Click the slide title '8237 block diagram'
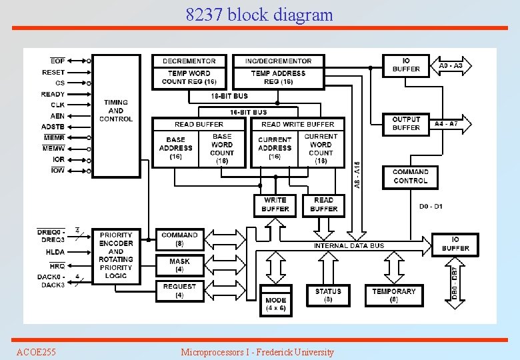[x=259, y=14]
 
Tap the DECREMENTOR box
[x=189, y=61]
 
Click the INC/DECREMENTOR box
[x=278, y=61]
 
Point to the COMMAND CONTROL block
[x=410, y=177]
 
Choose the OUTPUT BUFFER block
[x=406, y=123]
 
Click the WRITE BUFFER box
[x=275, y=205]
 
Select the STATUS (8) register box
[x=328, y=295]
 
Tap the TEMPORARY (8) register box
[x=394, y=295]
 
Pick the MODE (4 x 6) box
[x=275, y=304]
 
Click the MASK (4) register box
[x=179, y=265]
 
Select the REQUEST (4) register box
[x=179, y=290]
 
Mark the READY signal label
[x=53, y=94]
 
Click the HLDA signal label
[x=55, y=252]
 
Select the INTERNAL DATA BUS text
[x=349, y=245]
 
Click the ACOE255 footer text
[x=36, y=351]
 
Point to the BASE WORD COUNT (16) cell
[x=222, y=149]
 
